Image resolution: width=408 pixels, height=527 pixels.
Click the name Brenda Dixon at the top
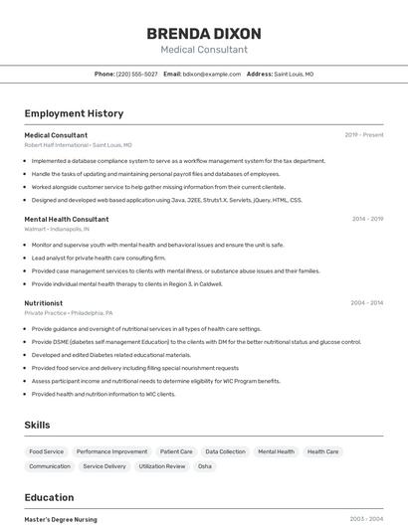click(203, 34)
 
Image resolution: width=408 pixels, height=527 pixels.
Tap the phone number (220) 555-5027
click(137, 74)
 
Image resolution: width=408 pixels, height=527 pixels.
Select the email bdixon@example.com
click(212, 74)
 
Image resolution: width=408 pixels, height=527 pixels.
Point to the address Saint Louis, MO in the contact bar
click(294, 74)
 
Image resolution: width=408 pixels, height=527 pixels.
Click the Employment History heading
click(74, 113)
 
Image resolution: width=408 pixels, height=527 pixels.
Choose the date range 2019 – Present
click(364, 135)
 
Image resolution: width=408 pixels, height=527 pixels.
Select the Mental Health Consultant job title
click(67, 219)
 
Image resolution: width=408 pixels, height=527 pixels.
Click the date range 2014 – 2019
click(367, 219)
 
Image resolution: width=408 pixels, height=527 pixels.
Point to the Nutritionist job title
click(44, 303)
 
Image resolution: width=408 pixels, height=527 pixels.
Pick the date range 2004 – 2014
click(367, 303)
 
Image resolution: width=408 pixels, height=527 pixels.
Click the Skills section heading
click(38, 425)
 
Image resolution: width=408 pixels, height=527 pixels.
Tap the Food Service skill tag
click(47, 451)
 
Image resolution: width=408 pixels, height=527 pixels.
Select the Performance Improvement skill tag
click(112, 451)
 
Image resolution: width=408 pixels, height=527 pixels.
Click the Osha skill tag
click(205, 466)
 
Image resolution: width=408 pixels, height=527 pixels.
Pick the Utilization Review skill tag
click(162, 466)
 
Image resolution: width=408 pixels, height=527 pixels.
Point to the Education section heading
click(49, 497)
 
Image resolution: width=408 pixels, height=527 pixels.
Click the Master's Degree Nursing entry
click(61, 519)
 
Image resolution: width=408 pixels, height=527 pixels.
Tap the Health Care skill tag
click(323, 451)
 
